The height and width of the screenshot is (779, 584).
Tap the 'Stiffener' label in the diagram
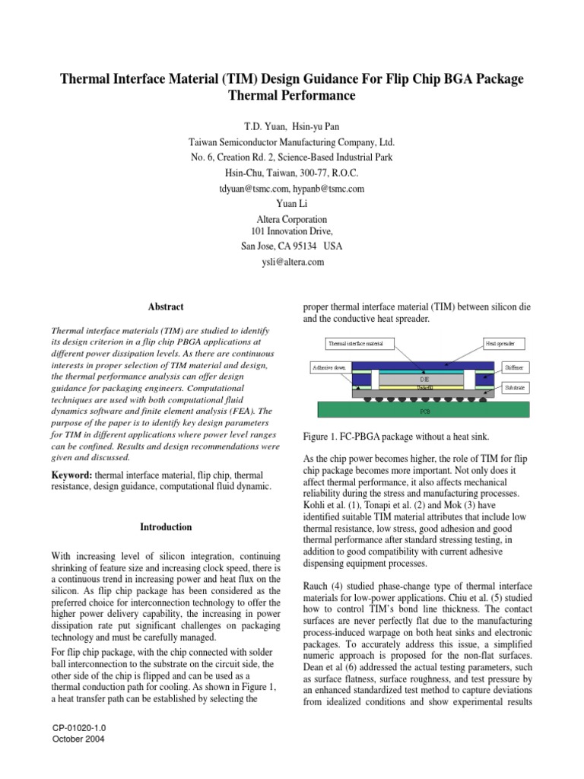tap(516, 367)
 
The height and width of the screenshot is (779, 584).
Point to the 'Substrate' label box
tap(515, 388)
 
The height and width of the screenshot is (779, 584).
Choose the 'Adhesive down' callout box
tap(329, 367)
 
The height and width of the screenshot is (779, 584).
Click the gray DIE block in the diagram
tap(424, 377)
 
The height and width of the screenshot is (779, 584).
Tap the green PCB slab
tap(424, 411)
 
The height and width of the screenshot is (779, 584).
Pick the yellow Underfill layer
tap(424, 387)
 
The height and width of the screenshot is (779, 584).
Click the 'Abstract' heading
tap(167, 307)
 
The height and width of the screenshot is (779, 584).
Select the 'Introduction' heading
tap(167, 526)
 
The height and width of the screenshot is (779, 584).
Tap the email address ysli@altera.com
tap(292, 262)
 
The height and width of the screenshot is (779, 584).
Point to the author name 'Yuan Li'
tap(292, 204)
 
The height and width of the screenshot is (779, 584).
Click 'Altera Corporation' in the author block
tap(292, 219)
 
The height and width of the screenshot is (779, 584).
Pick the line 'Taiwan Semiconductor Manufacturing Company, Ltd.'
tap(292, 141)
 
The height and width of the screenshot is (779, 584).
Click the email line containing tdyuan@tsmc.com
tap(292, 188)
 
